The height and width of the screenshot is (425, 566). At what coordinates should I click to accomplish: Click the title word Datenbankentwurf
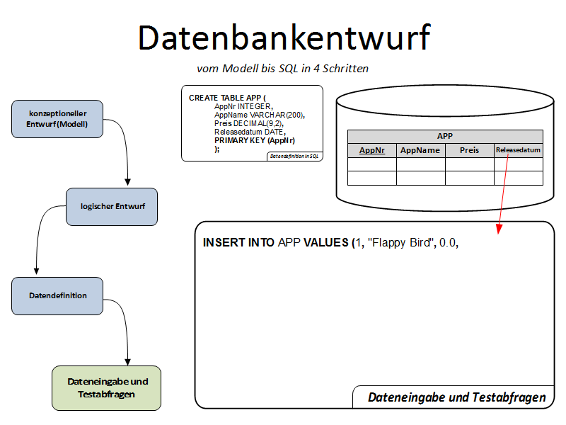pyautogui.click(x=283, y=38)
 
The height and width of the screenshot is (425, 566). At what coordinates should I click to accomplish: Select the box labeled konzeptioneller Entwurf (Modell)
pyautogui.click(x=58, y=118)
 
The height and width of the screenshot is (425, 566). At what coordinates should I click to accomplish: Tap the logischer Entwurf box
pyautogui.click(x=112, y=206)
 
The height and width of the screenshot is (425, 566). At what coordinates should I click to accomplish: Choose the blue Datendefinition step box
pyautogui.click(x=58, y=295)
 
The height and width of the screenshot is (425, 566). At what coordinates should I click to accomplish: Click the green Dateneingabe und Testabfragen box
pyautogui.click(x=107, y=387)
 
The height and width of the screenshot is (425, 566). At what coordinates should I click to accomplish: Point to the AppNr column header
pyautogui.click(x=372, y=150)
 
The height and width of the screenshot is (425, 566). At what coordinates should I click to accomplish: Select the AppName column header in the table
pyautogui.click(x=420, y=150)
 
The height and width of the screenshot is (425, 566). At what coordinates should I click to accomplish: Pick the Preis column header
pyautogui.click(x=469, y=150)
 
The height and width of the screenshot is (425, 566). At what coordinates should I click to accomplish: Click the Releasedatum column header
pyautogui.click(x=518, y=150)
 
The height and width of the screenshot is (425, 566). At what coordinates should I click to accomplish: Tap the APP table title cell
pyautogui.click(x=445, y=137)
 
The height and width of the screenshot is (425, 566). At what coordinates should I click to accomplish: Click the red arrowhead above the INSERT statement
pyautogui.click(x=499, y=229)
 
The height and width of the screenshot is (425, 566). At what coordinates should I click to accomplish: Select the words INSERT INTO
pyautogui.click(x=238, y=242)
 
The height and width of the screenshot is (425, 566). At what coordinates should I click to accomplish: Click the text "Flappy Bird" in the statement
pyautogui.click(x=400, y=242)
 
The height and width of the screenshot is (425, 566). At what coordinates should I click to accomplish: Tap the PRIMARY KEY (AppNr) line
pyautogui.click(x=255, y=140)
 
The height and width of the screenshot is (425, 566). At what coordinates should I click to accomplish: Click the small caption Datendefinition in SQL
pyautogui.click(x=294, y=156)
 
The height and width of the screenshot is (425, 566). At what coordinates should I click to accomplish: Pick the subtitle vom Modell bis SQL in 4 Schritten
pyautogui.click(x=283, y=69)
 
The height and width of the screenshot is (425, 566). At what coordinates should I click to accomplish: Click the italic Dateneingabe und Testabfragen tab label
pyautogui.click(x=457, y=397)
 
